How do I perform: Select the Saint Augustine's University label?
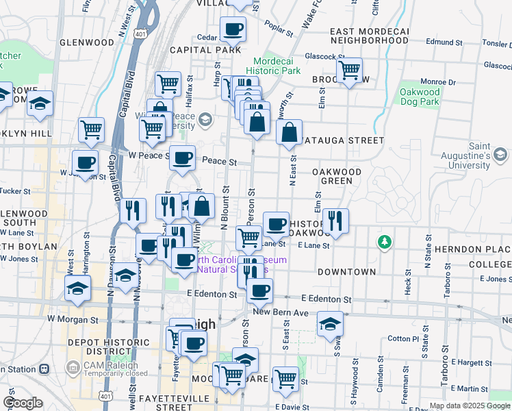coord(479,155)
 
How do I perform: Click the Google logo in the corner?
coord(22,403)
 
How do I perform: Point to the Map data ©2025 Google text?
coord(470,406)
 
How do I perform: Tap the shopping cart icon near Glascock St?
coord(350,70)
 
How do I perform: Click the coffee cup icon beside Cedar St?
coord(233,29)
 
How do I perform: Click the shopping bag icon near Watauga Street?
coord(290,132)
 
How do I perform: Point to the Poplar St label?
coord(281,32)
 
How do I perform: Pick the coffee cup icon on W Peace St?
coord(182,158)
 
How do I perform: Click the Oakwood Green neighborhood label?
coord(337,176)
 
